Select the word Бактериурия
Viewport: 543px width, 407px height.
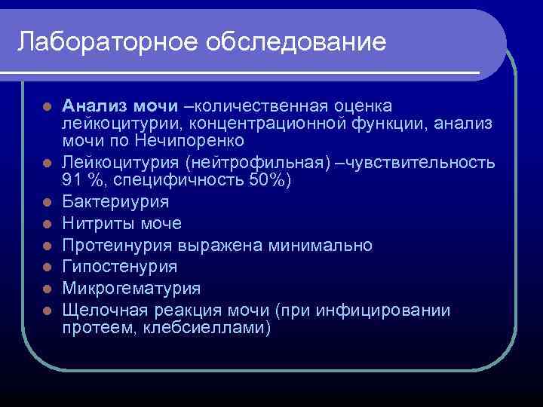click(x=115, y=203)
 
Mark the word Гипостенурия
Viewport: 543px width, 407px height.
click(x=120, y=266)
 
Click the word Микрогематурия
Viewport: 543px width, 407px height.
click(x=131, y=288)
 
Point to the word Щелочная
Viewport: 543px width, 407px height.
click(x=100, y=310)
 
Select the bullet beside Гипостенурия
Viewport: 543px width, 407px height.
click(x=47, y=267)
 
